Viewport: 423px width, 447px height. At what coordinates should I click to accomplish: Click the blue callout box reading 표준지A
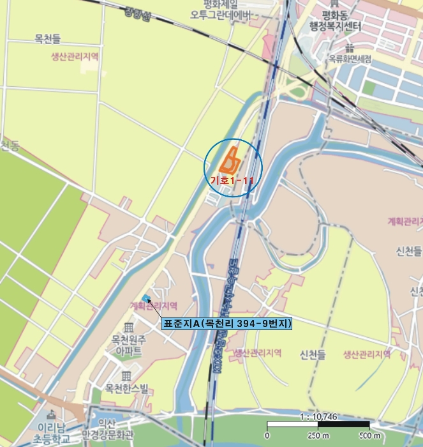(227, 324)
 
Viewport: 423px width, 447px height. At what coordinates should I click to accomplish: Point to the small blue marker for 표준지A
(147, 298)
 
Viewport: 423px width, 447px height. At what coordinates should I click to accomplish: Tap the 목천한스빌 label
(127, 388)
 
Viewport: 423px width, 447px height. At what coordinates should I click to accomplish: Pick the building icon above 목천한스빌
(127, 375)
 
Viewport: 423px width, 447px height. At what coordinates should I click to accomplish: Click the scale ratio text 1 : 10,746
(317, 417)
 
